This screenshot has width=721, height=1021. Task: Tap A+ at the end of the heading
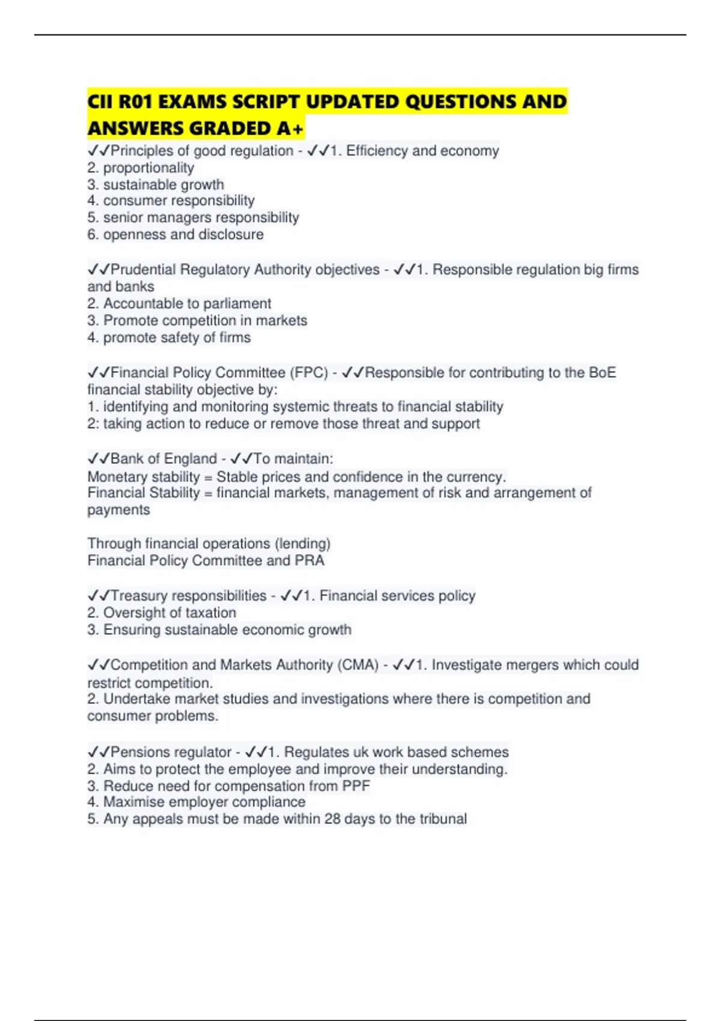pyautogui.click(x=291, y=129)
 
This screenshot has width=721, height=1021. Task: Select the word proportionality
pyautogui.click(x=148, y=168)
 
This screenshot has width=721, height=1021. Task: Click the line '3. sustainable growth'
pyautogui.click(x=156, y=184)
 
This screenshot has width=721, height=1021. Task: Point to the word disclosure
pyautogui.click(x=231, y=234)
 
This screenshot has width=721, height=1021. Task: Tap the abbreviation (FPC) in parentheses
pyautogui.click(x=309, y=373)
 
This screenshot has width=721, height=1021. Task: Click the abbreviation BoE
pyautogui.click(x=602, y=373)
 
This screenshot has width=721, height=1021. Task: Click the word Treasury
pyautogui.click(x=139, y=596)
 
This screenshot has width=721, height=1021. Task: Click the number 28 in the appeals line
pyautogui.click(x=332, y=819)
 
